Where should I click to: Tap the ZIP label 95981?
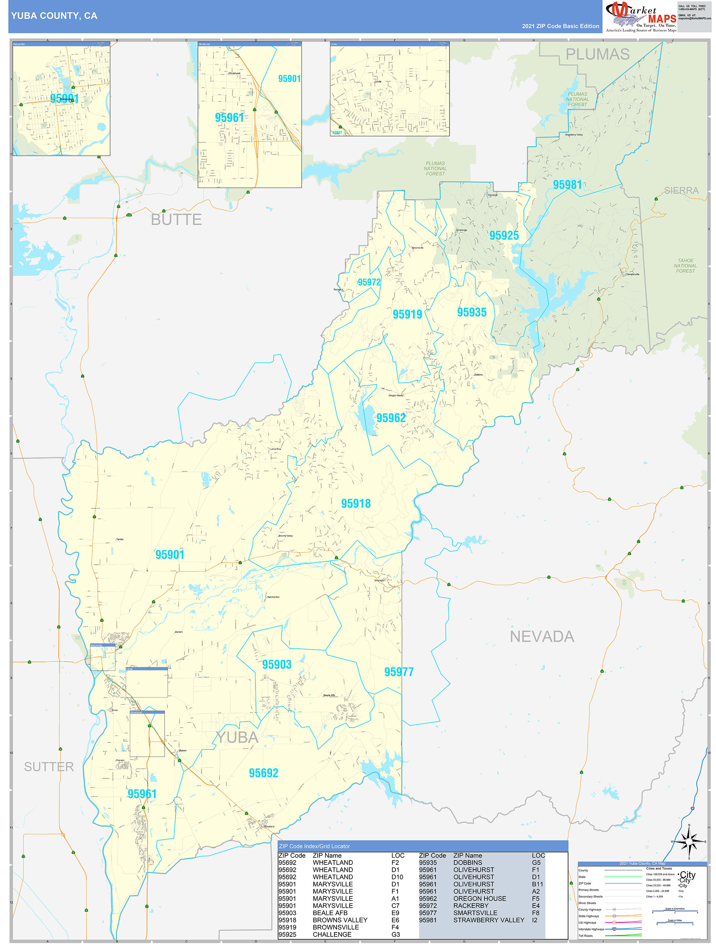pyautogui.click(x=567, y=185)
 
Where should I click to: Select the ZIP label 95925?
pyautogui.click(x=504, y=236)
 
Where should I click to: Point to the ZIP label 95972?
pyautogui.click(x=369, y=282)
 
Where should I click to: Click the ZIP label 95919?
pyautogui.click(x=407, y=314)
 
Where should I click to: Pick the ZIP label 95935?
pyautogui.click(x=472, y=312)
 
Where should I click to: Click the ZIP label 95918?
pyautogui.click(x=355, y=504)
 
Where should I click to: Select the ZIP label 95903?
pyautogui.click(x=276, y=664)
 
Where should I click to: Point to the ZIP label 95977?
pyautogui.click(x=399, y=672)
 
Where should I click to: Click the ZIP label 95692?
pyautogui.click(x=263, y=773)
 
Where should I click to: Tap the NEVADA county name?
pyautogui.click(x=542, y=636)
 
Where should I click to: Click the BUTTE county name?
pyautogui.click(x=176, y=219)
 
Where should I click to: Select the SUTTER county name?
pyautogui.click(x=49, y=766)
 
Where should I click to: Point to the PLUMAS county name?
pyautogui.click(x=597, y=54)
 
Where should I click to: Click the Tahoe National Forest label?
pyautogui.click(x=685, y=265)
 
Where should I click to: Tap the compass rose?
pyautogui.click(x=688, y=841)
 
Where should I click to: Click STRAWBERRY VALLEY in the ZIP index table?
pyautogui.click(x=488, y=920)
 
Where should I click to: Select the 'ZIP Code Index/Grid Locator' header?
pyautogui.click(x=314, y=846)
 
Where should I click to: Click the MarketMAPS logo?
pyautogui.click(x=641, y=16)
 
